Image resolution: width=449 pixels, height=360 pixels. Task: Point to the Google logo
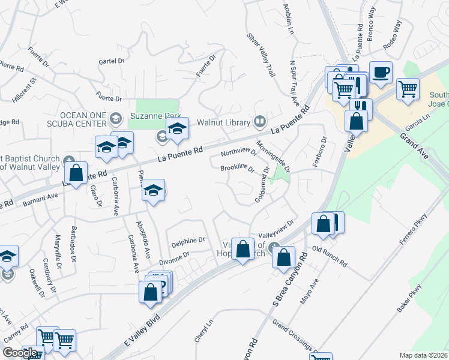tap(20, 353)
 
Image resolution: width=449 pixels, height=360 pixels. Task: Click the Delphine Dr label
tap(188, 241)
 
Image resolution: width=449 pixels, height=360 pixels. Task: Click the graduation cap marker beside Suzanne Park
tap(177, 129)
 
